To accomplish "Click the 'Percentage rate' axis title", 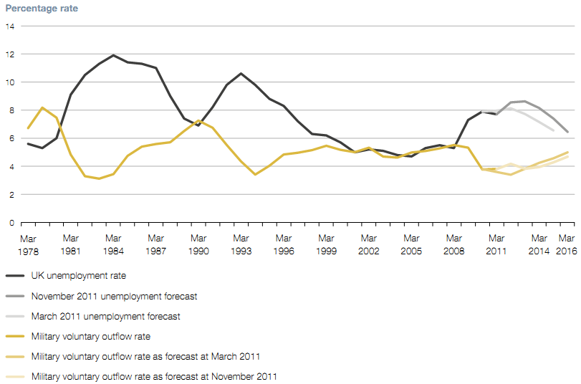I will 42,9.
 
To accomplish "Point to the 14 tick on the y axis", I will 9,27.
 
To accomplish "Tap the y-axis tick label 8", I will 9,110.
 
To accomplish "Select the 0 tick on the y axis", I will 9,223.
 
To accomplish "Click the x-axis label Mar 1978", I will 28,244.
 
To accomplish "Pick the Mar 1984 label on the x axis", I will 113,244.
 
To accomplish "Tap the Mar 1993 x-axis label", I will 241,244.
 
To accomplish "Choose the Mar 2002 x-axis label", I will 368,244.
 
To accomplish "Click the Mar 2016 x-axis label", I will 566,244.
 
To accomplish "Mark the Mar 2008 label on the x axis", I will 453,244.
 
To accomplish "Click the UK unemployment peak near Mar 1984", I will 113,55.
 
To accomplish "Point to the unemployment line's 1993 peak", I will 241,73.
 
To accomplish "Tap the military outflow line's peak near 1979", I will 42,107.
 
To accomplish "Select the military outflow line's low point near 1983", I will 99,178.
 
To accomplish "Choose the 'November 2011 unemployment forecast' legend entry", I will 114,295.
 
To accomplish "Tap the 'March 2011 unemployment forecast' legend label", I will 105,316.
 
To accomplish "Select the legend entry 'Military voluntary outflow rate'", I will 90,336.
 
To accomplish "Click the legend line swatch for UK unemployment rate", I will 15,275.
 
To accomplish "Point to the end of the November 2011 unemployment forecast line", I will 568,132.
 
